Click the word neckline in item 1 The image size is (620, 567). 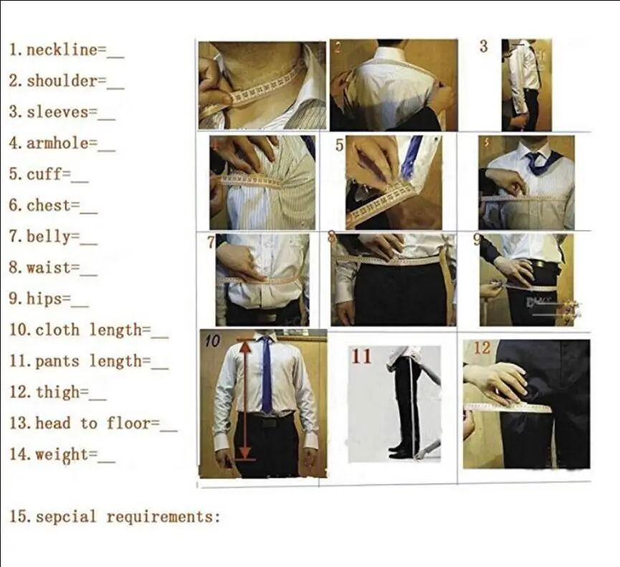pyautogui.click(x=61, y=50)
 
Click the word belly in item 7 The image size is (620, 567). pyautogui.click(x=48, y=237)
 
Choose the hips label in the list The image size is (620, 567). pyautogui.click(x=44, y=299)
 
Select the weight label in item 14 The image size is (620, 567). pyautogui.click(x=62, y=454)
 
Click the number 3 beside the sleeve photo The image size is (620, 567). pyautogui.click(x=484, y=47)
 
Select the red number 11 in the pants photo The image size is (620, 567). pyautogui.click(x=362, y=356)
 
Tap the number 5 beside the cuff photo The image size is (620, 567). pyautogui.click(x=340, y=146)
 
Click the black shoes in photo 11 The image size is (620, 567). pyautogui.click(x=401, y=451)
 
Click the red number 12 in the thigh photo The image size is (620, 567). pyautogui.click(x=482, y=348)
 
